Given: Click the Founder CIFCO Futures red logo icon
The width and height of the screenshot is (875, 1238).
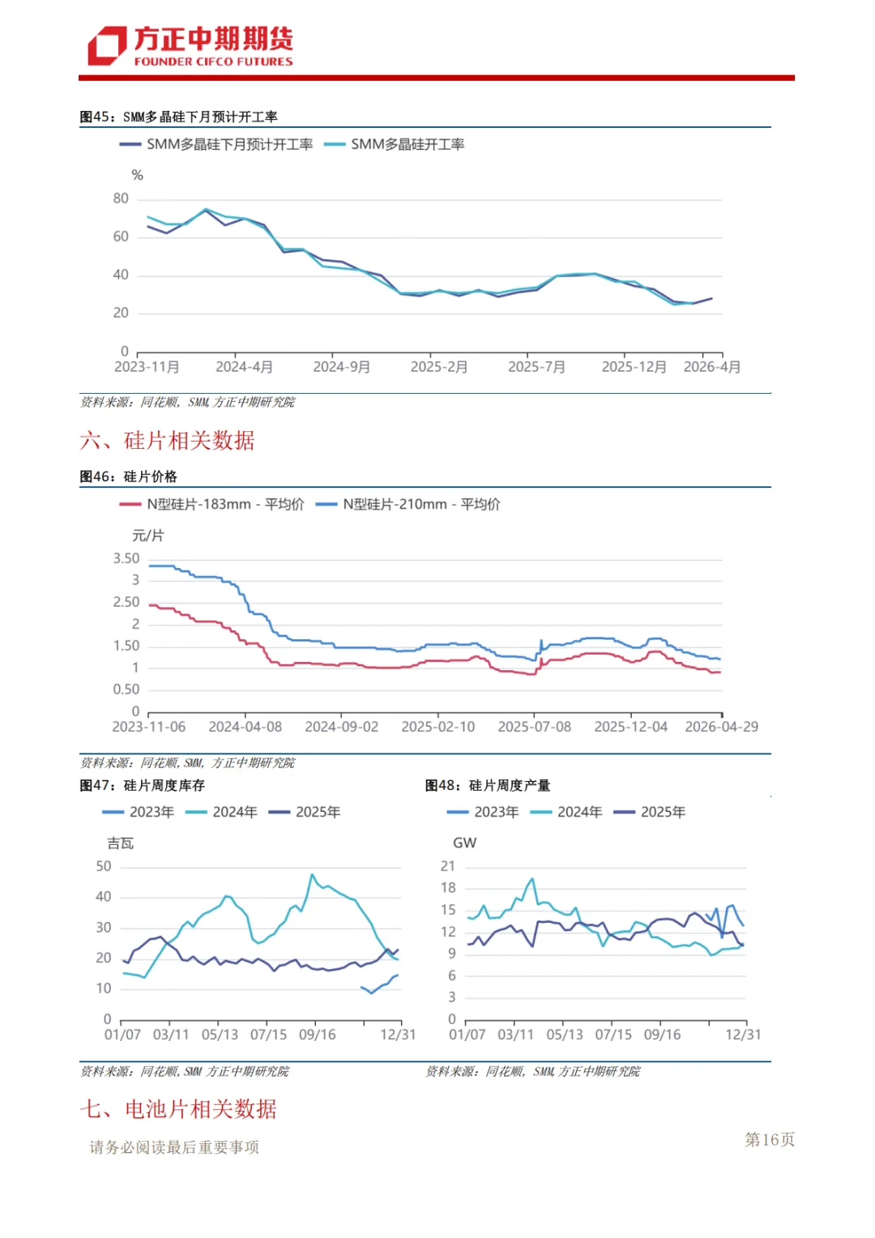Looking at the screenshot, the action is tap(107, 46).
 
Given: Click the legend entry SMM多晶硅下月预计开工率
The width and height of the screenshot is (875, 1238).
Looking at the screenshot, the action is tap(216, 145).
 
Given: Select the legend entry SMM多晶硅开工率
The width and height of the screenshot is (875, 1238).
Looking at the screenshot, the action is tap(394, 145).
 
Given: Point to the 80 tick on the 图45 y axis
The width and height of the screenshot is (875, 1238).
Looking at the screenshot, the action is tap(121, 199).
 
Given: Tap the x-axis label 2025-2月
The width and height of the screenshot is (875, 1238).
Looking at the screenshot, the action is tap(439, 367).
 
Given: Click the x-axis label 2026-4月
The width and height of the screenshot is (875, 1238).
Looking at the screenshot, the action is tap(712, 367).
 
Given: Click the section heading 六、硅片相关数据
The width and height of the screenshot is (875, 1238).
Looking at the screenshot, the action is tap(167, 441).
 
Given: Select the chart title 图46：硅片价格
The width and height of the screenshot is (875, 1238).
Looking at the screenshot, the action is tap(128, 476).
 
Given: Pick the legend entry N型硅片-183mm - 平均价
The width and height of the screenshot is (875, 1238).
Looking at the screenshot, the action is tap(211, 505).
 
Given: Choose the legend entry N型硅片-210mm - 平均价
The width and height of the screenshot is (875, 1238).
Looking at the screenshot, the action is tap(408, 505).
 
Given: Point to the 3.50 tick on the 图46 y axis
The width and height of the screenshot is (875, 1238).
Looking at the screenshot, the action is tap(126, 559).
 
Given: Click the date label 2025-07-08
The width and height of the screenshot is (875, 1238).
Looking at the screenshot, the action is tap(535, 727).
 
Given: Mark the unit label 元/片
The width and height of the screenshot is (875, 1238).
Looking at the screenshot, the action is tap(148, 536).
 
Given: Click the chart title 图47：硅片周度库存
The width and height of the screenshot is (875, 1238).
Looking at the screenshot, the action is tap(142, 785).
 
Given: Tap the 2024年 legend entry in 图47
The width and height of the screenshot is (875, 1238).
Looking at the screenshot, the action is tap(222, 812).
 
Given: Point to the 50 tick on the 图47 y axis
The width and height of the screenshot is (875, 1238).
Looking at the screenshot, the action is tap(104, 867).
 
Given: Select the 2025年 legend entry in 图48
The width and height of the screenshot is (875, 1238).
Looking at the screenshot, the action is tap(650, 812).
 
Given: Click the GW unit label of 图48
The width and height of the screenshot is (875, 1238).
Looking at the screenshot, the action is tap(465, 843).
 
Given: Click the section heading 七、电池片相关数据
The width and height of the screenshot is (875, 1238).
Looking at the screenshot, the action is tap(178, 1109).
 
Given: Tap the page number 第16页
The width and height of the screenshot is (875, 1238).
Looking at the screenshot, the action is tap(770, 1139).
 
